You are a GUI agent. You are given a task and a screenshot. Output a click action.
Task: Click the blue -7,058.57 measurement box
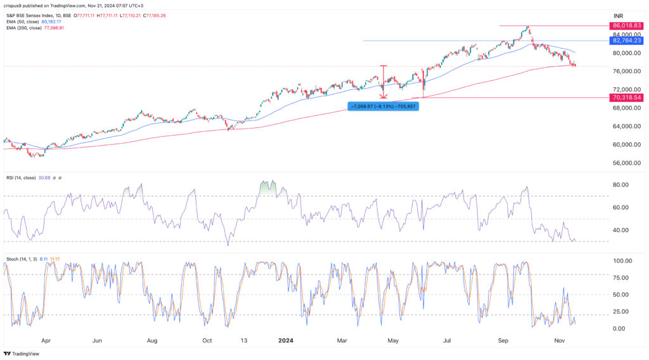point(382,106)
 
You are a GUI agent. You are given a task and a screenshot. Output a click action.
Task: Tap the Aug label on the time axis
point(153,340)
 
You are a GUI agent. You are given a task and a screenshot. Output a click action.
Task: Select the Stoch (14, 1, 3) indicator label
point(25,259)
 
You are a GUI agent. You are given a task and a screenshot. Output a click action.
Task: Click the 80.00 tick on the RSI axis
point(617,185)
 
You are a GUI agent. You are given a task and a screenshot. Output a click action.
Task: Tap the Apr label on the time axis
point(45,340)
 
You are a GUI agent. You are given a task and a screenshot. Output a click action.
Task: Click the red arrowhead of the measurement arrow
point(383,96)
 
